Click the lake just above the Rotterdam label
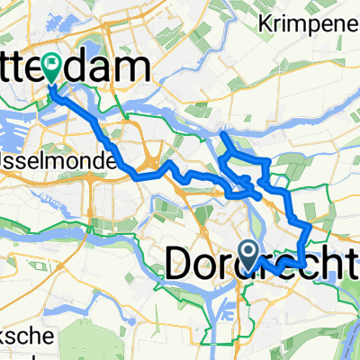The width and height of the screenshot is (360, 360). [94, 43]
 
